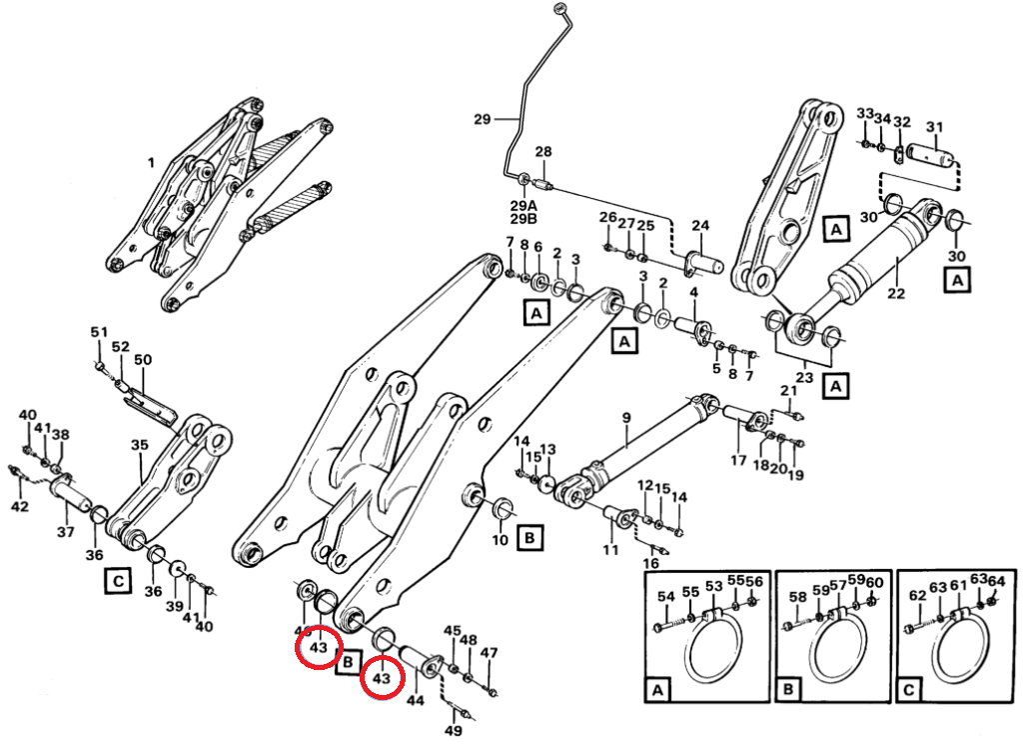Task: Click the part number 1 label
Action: (151, 161)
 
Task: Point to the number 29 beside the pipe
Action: (482, 119)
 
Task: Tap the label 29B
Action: (523, 218)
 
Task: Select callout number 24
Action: (699, 225)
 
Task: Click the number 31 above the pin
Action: (934, 127)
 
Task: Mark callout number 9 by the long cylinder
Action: (626, 417)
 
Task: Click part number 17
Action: (738, 461)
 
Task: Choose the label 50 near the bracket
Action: (143, 359)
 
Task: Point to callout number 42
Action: (20, 507)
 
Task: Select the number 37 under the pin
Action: (65, 532)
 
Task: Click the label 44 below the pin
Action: (416, 701)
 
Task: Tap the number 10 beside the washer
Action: (501, 541)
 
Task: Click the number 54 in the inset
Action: (666, 597)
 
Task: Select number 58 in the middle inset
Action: (797, 597)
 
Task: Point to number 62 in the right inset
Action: (918, 597)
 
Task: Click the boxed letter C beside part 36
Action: (118, 579)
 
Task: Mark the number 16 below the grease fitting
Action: (650, 564)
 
